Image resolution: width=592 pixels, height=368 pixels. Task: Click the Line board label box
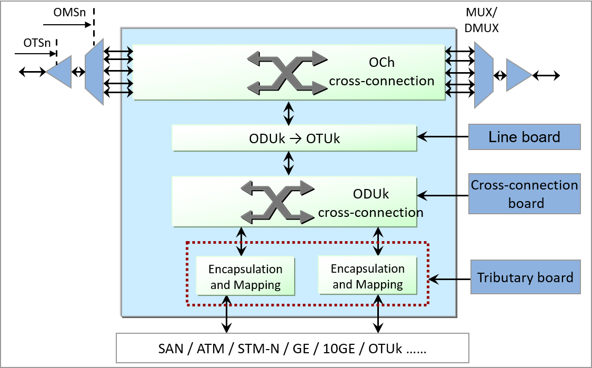point(524,137)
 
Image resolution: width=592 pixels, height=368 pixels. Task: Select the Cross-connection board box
point(524,194)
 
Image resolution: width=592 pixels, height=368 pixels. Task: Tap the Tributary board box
point(525,277)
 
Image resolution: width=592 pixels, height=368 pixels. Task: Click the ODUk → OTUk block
point(294,138)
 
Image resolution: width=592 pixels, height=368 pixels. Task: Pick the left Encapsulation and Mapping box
point(245,276)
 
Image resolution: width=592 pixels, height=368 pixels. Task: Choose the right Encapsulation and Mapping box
point(367,276)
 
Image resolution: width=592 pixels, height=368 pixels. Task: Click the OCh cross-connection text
point(382,72)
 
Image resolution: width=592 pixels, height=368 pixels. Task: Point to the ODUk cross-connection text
point(370,203)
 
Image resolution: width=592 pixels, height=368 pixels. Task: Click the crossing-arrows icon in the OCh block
point(287,73)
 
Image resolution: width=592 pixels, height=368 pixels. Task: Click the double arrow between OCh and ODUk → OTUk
point(288,112)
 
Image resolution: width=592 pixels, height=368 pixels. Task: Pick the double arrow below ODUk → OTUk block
point(288,163)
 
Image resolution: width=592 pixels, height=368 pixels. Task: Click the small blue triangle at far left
point(60,72)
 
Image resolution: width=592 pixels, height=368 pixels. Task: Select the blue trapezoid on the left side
point(94,72)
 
